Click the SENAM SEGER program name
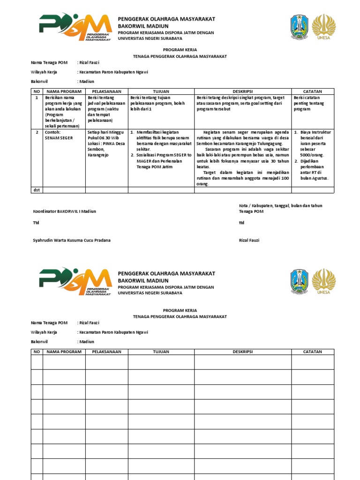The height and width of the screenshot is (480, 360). point(59,138)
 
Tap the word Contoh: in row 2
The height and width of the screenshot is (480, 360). point(52,132)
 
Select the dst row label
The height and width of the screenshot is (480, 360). point(36,190)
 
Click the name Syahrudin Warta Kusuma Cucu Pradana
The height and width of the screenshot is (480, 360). point(72,240)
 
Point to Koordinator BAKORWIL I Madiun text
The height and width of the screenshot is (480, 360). point(64,211)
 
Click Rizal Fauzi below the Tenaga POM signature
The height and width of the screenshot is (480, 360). point(249,240)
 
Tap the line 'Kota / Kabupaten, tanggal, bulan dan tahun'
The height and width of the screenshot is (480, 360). point(280,206)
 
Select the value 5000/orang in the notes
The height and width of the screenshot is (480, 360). point(312,155)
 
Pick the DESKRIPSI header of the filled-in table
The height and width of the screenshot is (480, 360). point(242,91)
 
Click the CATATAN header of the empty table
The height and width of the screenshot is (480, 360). point(313,352)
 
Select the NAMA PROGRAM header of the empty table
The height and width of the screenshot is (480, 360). point(64,352)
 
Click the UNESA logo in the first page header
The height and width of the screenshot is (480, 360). point(324,27)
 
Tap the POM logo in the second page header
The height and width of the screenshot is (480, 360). point(75,281)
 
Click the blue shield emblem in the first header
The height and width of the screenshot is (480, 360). point(300,26)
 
